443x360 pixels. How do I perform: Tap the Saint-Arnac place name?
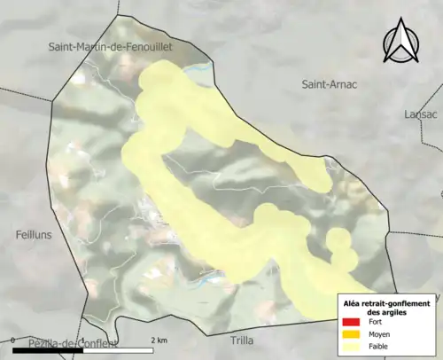coord(330,85)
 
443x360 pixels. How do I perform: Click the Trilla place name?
coord(241,340)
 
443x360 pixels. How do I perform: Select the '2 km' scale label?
coord(159,340)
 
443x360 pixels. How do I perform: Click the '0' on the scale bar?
coord(13,340)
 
